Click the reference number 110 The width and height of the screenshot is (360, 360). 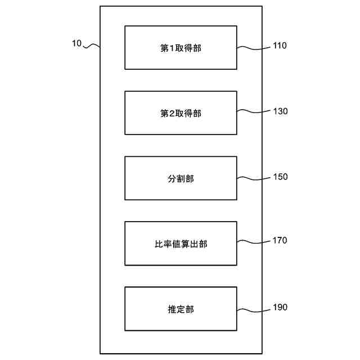coord(280,46)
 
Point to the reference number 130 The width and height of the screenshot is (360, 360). coord(280,111)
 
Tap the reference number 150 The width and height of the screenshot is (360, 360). coord(280,177)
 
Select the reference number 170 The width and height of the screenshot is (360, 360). coord(280,241)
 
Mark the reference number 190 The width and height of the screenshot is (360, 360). coord(280,307)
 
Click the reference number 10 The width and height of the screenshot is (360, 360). coord(77,43)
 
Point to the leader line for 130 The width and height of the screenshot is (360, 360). coord(254,112)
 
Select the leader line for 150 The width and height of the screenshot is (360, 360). coord(254,178)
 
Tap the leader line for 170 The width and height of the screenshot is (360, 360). coord(254,242)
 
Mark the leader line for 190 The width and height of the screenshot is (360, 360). coord(254,309)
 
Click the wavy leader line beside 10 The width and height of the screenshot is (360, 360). coord(92,47)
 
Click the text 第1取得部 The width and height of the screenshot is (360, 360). coord(181,48)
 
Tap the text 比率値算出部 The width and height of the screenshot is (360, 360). coord(181,244)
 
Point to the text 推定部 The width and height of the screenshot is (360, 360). coord(181,309)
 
